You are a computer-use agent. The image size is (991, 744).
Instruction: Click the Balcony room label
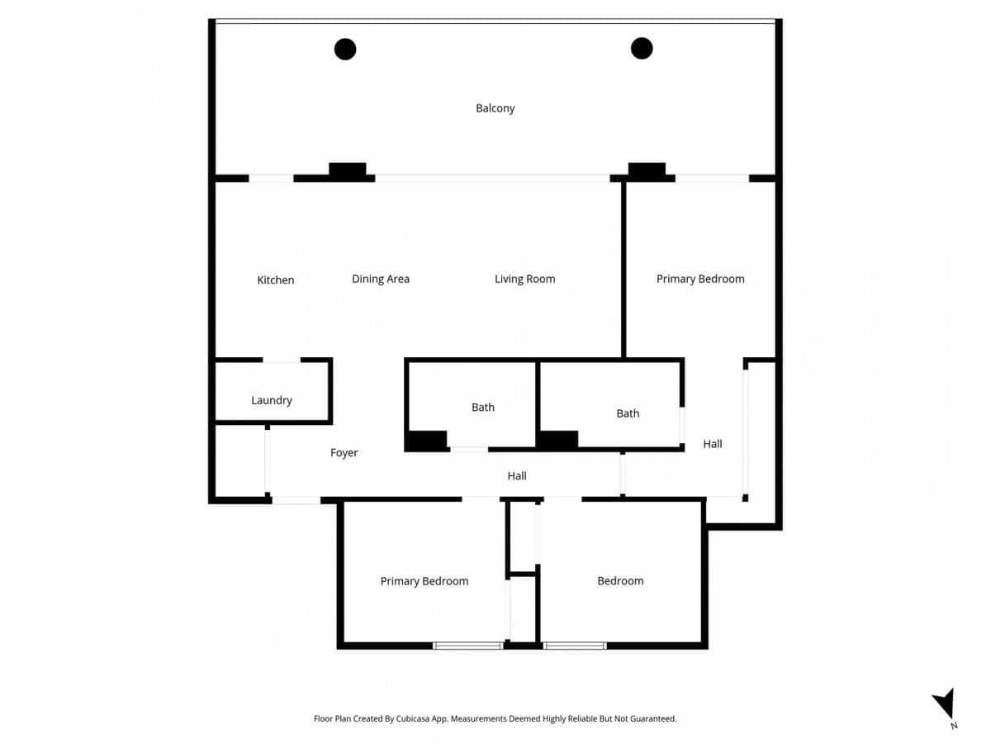coord(495,108)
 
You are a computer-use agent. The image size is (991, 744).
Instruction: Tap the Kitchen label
coord(275,280)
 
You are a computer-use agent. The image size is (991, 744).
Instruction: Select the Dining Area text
coord(380,279)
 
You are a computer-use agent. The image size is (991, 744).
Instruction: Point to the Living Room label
coord(524,279)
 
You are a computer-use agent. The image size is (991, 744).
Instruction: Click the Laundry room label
coord(271,401)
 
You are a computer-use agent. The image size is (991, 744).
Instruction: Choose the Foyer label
coord(344,453)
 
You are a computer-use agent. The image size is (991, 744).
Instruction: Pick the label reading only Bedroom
coord(619,581)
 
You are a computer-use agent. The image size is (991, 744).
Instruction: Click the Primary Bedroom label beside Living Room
coord(699,279)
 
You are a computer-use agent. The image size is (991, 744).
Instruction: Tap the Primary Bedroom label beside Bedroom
coord(424,581)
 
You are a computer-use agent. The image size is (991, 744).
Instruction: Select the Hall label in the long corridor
coord(516,476)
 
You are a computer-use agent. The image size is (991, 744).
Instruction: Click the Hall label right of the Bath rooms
coord(712,445)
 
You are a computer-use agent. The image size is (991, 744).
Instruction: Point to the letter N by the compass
coord(954,726)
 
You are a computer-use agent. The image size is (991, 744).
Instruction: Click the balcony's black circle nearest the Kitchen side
coord(345,50)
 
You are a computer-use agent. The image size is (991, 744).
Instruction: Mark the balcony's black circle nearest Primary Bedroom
coord(642,49)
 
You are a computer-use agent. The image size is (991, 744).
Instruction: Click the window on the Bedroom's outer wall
coord(575,646)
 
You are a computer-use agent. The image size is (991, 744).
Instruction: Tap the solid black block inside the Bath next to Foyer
coord(426,441)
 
